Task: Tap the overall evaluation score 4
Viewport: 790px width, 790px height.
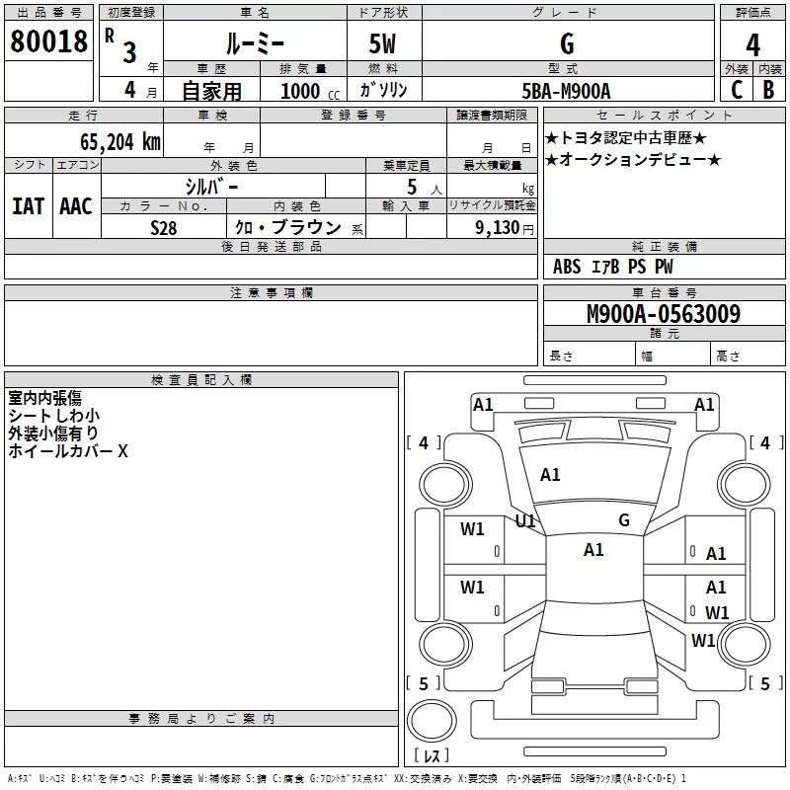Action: [752, 45]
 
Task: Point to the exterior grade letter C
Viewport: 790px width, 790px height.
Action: [736, 89]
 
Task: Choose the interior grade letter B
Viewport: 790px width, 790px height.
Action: [768, 89]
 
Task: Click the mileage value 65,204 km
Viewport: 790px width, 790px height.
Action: [113, 141]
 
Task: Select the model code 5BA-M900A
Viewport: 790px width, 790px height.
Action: [566, 91]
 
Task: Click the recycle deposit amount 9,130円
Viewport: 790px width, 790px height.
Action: [503, 228]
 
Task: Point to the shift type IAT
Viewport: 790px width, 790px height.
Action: [28, 206]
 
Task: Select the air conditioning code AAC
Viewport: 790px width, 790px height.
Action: [75, 206]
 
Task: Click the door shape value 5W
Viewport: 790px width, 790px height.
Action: [384, 44]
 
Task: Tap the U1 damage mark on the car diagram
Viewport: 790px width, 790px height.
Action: [525, 520]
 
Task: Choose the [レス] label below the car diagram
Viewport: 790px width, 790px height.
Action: [432, 755]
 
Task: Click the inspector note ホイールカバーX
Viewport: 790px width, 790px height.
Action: [68, 451]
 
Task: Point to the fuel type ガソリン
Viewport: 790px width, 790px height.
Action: [385, 90]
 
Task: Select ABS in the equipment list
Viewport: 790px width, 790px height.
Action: [567, 267]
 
